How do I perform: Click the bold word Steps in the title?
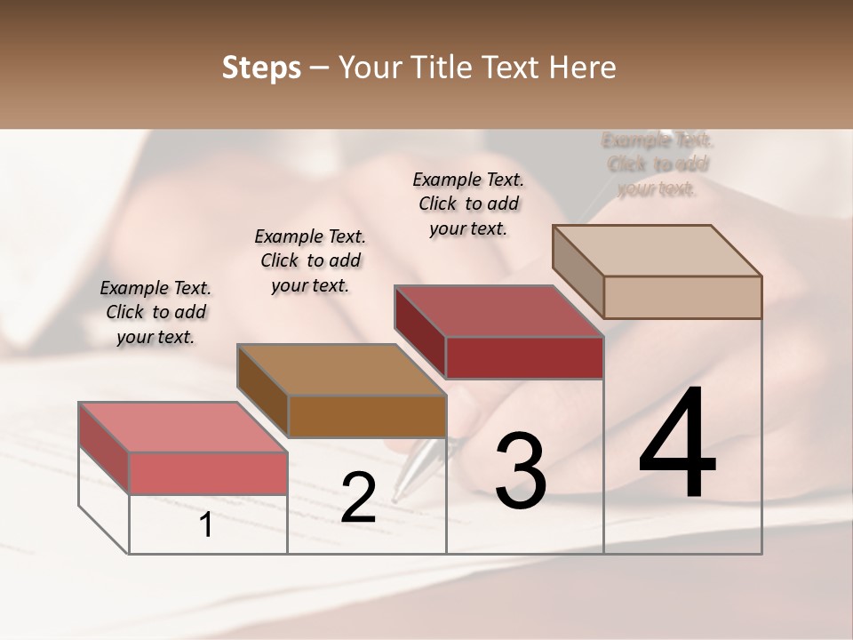coord(261,68)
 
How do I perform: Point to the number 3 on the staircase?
coord(520,471)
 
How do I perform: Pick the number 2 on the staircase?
coord(358,498)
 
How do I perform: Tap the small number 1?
coord(206,525)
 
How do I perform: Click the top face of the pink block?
coord(182,427)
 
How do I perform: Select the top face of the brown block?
coord(341,370)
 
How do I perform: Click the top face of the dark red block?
coord(498,311)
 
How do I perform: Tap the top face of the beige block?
coord(657,250)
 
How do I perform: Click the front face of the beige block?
coord(682,297)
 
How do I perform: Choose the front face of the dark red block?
coord(524,357)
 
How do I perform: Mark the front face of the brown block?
coord(367,416)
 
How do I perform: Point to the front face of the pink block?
coord(208,473)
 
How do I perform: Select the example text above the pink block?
coord(155,312)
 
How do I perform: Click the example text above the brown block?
coord(310,260)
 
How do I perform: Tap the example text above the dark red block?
coord(468,204)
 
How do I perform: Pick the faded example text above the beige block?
coord(658,164)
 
